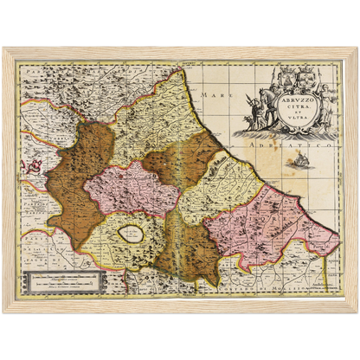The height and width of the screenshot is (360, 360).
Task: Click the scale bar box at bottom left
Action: [65, 280]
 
